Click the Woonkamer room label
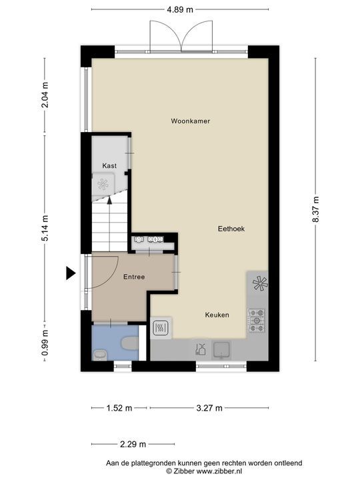[x=191, y=121]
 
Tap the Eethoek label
[x=231, y=229]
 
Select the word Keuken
[x=217, y=315]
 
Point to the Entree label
[x=134, y=277]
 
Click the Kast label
[x=109, y=165]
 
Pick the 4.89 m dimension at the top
[x=180, y=9]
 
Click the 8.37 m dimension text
[x=315, y=209]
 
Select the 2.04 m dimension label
[x=45, y=95]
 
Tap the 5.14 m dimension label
[x=45, y=228]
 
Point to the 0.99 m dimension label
[x=45, y=343]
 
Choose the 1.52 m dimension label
[x=119, y=408]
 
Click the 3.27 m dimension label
[x=209, y=408]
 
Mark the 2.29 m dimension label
[x=133, y=444]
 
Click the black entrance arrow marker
[x=71, y=273]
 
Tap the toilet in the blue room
[x=130, y=343]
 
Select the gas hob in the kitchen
[x=257, y=321]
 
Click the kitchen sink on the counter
[x=221, y=350]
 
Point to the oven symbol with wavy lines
[x=160, y=328]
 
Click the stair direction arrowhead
[x=109, y=201]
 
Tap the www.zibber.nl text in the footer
[x=219, y=471]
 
